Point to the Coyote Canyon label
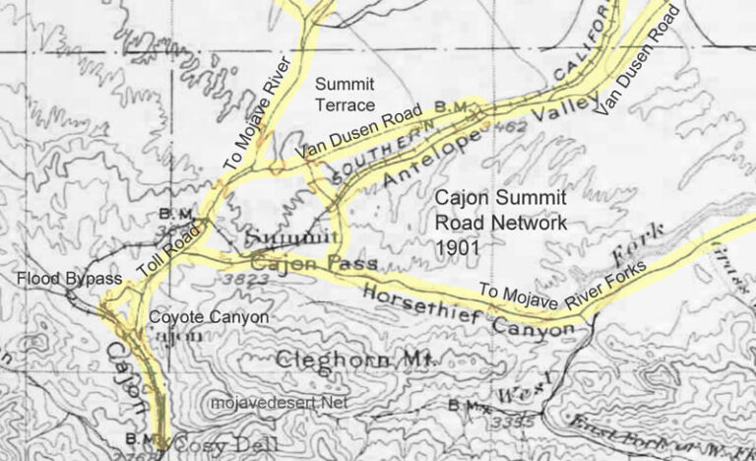(208, 317)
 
